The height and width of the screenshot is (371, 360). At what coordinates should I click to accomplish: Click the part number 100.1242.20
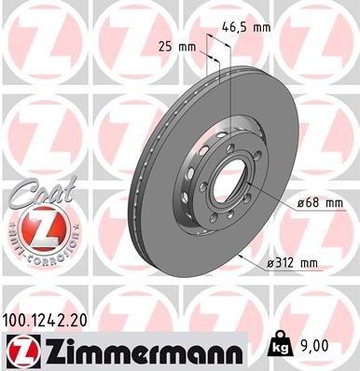tap(51, 319)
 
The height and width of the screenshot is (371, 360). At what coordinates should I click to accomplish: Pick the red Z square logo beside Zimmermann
tap(21, 350)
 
